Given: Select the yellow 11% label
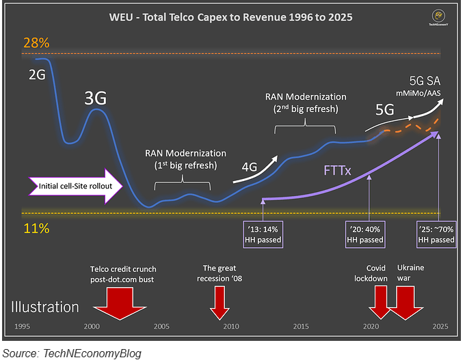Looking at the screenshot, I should [x=36, y=229].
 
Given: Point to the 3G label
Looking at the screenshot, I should [x=95, y=98].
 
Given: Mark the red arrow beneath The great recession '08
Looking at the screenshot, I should [x=220, y=302].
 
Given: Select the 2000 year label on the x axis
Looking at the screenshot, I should [x=92, y=327].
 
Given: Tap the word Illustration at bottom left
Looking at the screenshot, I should [x=44, y=307].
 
